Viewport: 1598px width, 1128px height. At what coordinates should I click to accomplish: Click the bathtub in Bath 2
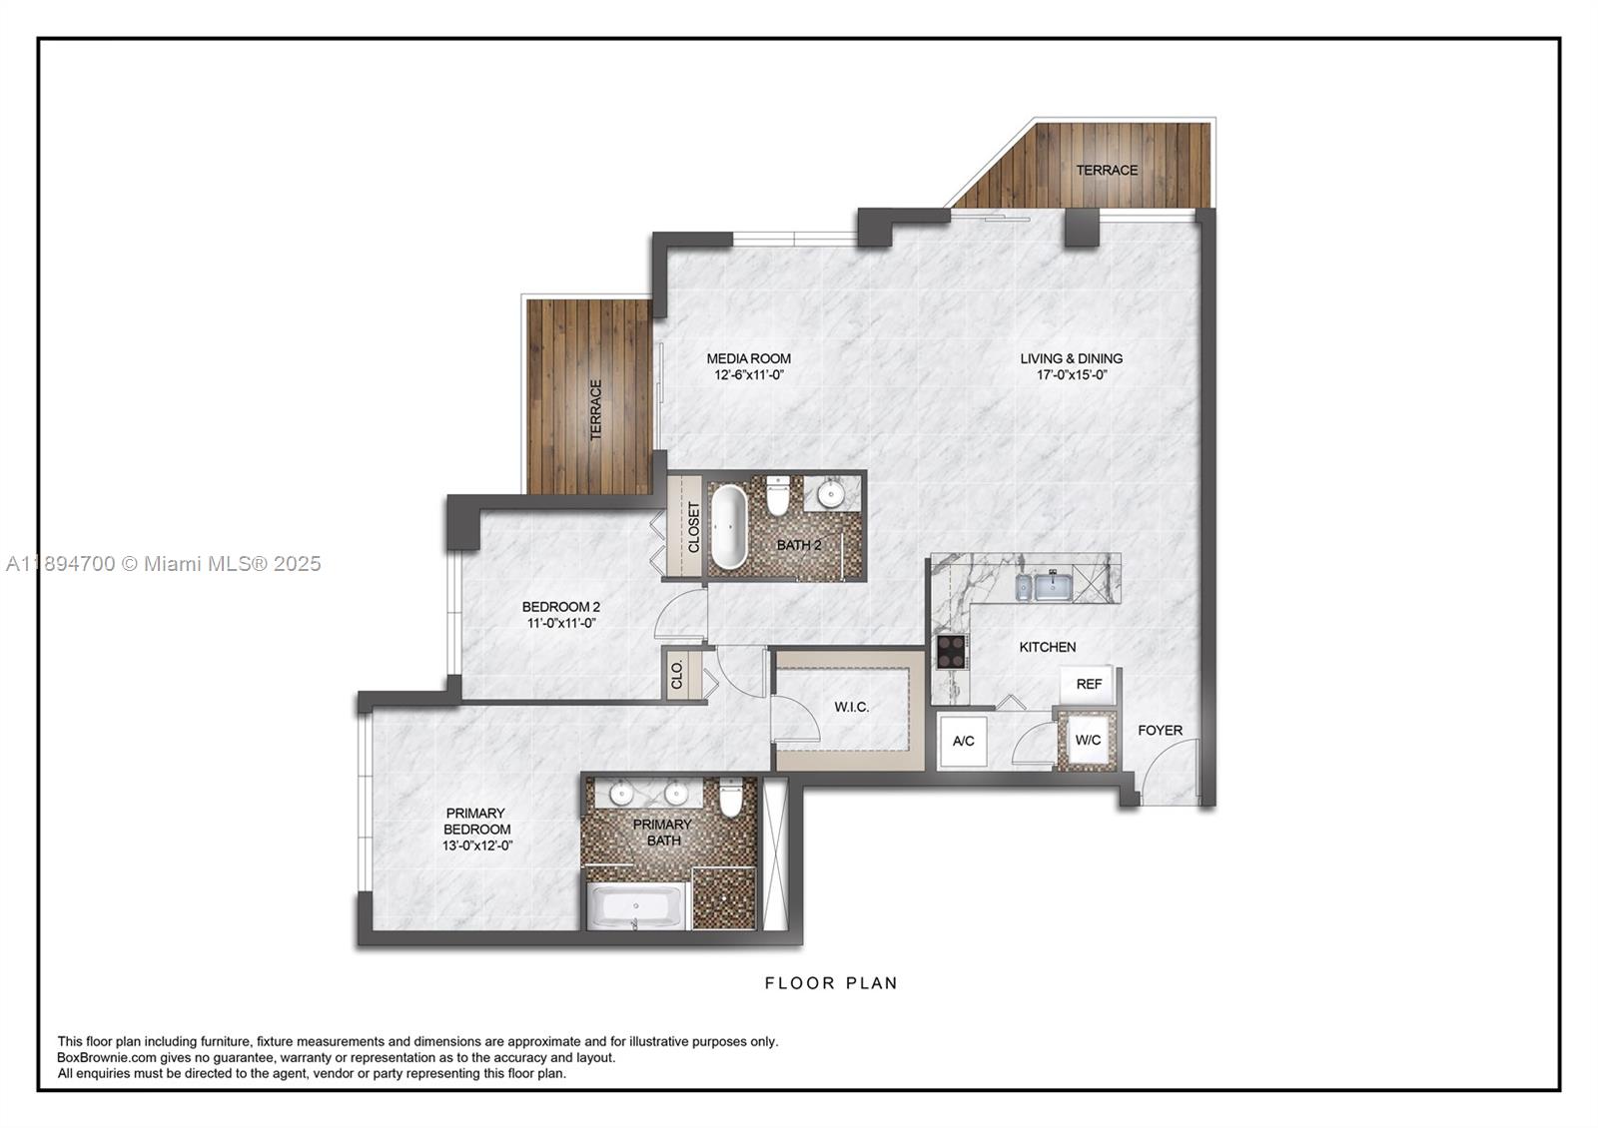point(729,526)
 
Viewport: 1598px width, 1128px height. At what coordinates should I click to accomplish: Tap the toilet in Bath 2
point(778,495)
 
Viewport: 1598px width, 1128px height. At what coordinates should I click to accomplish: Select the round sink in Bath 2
point(830,493)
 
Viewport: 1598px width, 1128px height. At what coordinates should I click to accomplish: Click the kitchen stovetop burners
point(950,651)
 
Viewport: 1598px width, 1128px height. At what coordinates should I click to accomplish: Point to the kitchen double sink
point(1044,586)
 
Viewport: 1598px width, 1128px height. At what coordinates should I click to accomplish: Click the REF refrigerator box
point(1089,684)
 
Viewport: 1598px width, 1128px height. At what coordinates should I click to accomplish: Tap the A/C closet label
point(963,741)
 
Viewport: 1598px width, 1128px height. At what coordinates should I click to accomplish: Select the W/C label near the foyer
point(1087,740)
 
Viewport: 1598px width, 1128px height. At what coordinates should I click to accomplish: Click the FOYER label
point(1160,731)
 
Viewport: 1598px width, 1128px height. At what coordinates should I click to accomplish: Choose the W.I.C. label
point(851,707)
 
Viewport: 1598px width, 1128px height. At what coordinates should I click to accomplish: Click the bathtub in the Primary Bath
point(635,907)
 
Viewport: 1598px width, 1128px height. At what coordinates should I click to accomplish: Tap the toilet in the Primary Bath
point(731,799)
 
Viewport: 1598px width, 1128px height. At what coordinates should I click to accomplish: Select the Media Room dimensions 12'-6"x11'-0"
point(748,375)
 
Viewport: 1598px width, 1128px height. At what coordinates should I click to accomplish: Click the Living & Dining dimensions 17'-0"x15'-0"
point(1071,375)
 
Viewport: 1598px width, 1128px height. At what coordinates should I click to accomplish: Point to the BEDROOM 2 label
point(560,606)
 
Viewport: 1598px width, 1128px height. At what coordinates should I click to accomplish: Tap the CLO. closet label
point(677,675)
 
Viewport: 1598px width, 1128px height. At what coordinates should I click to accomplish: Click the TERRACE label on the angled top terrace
point(1107,170)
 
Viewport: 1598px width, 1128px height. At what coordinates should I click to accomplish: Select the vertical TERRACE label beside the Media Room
point(596,409)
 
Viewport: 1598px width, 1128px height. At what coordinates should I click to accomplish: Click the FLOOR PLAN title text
point(831,983)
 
